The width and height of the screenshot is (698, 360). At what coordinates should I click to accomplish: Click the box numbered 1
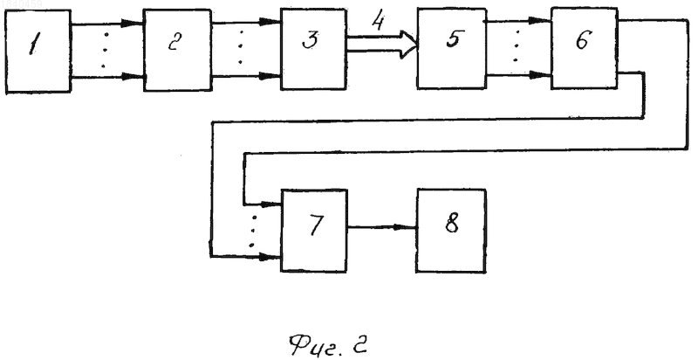[38, 52]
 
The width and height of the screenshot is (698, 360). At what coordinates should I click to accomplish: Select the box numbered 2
[177, 50]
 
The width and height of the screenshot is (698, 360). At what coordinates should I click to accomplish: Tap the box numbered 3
[313, 49]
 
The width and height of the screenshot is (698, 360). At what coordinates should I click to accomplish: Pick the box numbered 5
[451, 48]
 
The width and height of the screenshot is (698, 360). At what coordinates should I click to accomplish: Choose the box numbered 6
[584, 48]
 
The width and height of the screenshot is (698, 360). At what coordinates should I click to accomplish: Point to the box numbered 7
[314, 231]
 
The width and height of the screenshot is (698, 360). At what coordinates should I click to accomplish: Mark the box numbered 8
[451, 231]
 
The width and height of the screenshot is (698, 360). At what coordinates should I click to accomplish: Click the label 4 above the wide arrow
[378, 21]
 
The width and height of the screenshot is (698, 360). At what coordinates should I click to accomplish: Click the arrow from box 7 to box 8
[382, 227]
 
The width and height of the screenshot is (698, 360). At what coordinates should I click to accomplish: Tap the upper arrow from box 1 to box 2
[107, 24]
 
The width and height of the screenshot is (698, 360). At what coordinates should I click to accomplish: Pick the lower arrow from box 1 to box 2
[107, 78]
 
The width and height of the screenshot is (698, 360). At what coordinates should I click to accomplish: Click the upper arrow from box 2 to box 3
[246, 22]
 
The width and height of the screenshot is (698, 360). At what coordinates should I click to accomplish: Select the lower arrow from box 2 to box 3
[246, 76]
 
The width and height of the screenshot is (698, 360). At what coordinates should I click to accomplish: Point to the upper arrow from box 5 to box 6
[518, 20]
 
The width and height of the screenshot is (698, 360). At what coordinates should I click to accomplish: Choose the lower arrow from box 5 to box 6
[518, 75]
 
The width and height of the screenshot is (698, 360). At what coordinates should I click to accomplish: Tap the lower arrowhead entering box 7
[270, 257]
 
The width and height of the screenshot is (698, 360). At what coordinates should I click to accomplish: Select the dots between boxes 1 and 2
[104, 50]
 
